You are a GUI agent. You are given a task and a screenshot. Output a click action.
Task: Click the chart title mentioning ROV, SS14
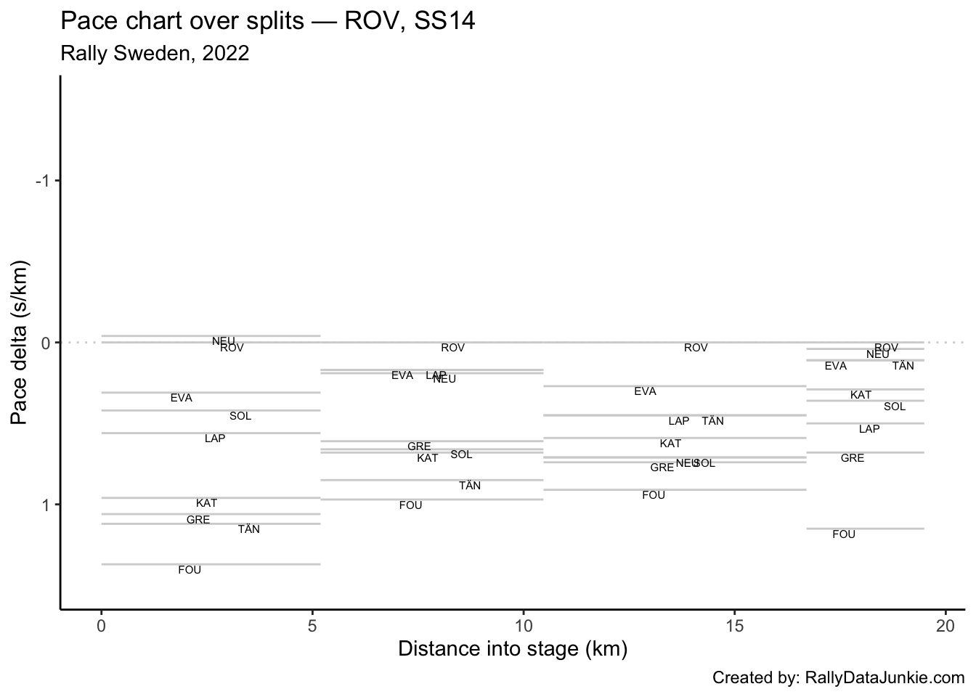268,21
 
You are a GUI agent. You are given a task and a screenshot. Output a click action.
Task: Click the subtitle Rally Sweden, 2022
155,53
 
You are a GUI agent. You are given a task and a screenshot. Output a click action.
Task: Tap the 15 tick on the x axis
734,625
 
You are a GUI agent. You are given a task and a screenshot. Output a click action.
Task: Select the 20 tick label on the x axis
945,625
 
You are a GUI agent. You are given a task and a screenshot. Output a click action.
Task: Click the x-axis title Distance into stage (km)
513,648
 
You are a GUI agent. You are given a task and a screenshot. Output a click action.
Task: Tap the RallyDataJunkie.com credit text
838,678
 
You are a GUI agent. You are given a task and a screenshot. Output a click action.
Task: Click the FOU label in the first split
190,571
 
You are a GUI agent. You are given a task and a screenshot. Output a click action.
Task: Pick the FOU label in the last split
844,535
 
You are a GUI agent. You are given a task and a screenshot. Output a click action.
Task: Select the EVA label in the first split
182,399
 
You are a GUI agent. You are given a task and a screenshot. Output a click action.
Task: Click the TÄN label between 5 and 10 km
470,486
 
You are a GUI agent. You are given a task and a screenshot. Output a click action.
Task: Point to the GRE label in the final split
853,459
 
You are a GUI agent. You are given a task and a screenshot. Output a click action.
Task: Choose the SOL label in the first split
240,417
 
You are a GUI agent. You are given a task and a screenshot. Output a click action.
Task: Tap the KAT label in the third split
670,444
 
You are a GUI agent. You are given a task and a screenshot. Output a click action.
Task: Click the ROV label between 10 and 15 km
696,348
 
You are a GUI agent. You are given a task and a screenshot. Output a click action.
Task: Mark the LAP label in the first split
215,439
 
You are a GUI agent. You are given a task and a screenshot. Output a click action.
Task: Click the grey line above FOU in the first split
211,564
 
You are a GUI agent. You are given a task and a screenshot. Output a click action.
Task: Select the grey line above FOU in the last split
864,529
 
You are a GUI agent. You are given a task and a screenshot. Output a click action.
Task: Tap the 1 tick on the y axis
45,505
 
